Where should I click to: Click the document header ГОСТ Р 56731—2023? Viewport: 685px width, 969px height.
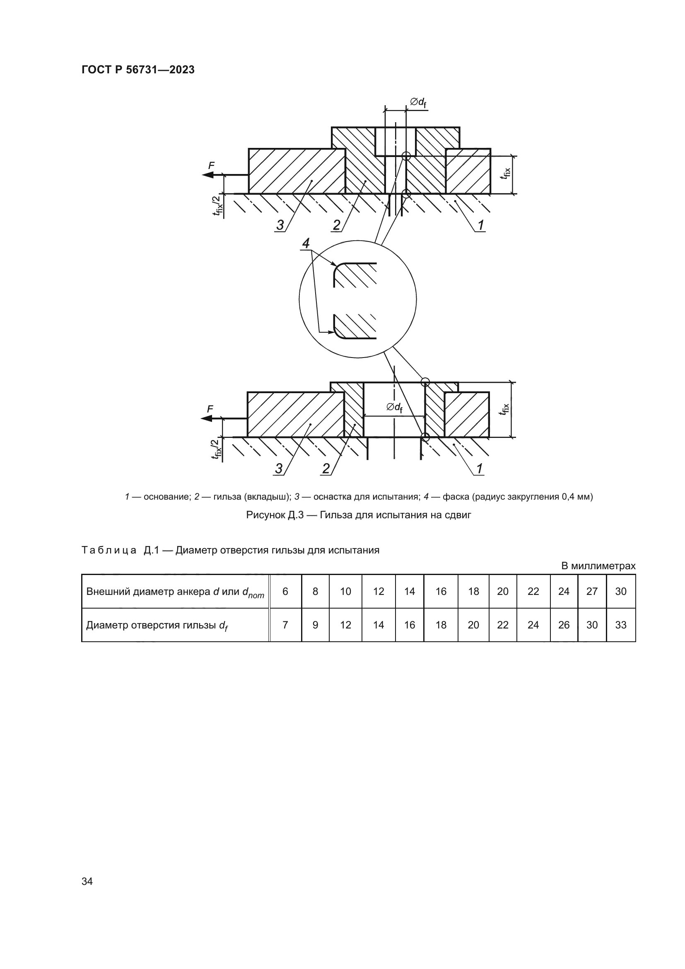138,70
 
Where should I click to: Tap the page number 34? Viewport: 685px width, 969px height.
87,881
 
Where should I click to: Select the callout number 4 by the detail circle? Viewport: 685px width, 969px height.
306,244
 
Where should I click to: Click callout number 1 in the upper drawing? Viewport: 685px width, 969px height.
481,225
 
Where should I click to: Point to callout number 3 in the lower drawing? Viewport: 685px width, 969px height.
279,469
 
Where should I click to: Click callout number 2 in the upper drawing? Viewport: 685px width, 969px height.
336,225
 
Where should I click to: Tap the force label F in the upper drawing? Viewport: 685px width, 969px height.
211,166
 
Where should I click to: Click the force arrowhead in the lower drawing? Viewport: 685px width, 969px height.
207,418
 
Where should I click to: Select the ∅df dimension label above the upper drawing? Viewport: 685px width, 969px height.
418,103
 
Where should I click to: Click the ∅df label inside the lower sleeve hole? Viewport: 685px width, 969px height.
394,407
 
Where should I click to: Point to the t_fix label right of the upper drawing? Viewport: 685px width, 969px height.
506,174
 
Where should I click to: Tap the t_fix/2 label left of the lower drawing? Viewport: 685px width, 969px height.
216,449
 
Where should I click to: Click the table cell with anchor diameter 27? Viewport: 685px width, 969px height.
592,591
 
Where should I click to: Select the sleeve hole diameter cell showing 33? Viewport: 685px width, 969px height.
620,625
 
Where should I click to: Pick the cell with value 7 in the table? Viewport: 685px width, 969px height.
285,625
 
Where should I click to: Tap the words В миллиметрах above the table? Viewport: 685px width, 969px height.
598,566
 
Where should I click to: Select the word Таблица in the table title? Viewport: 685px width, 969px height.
109,550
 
